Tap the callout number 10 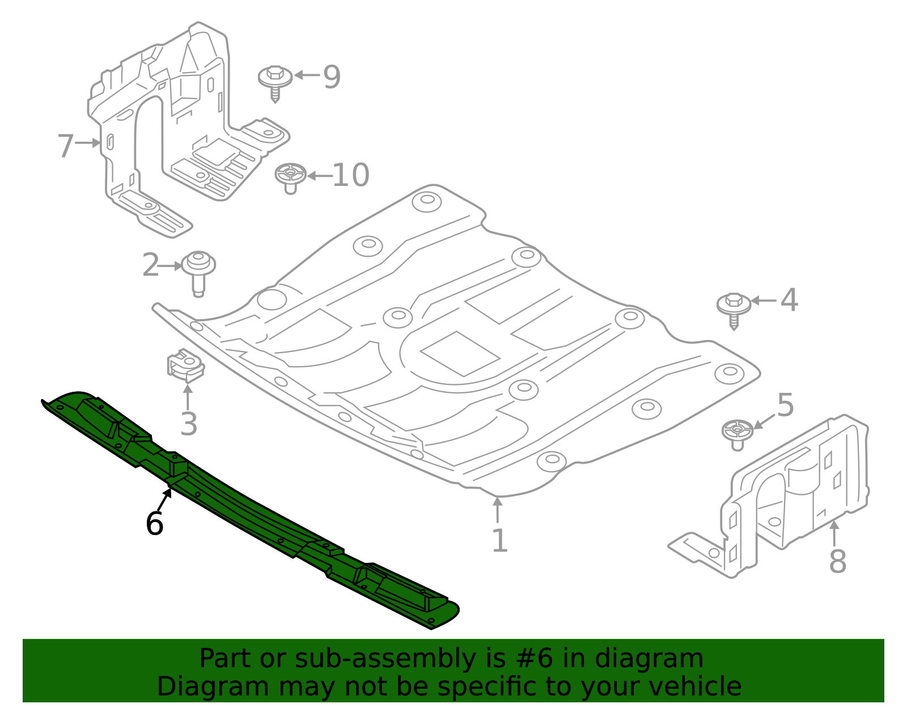(350, 175)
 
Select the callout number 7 (65, 146)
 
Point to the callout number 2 (151, 265)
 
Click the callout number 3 (189, 424)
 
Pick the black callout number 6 (154, 523)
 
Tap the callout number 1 (499, 541)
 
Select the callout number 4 (789, 300)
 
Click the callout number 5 (786, 405)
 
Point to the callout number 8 (837, 562)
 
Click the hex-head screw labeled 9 (276, 81)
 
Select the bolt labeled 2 (198, 270)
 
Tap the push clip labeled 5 (737, 433)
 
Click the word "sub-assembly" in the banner (382, 659)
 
